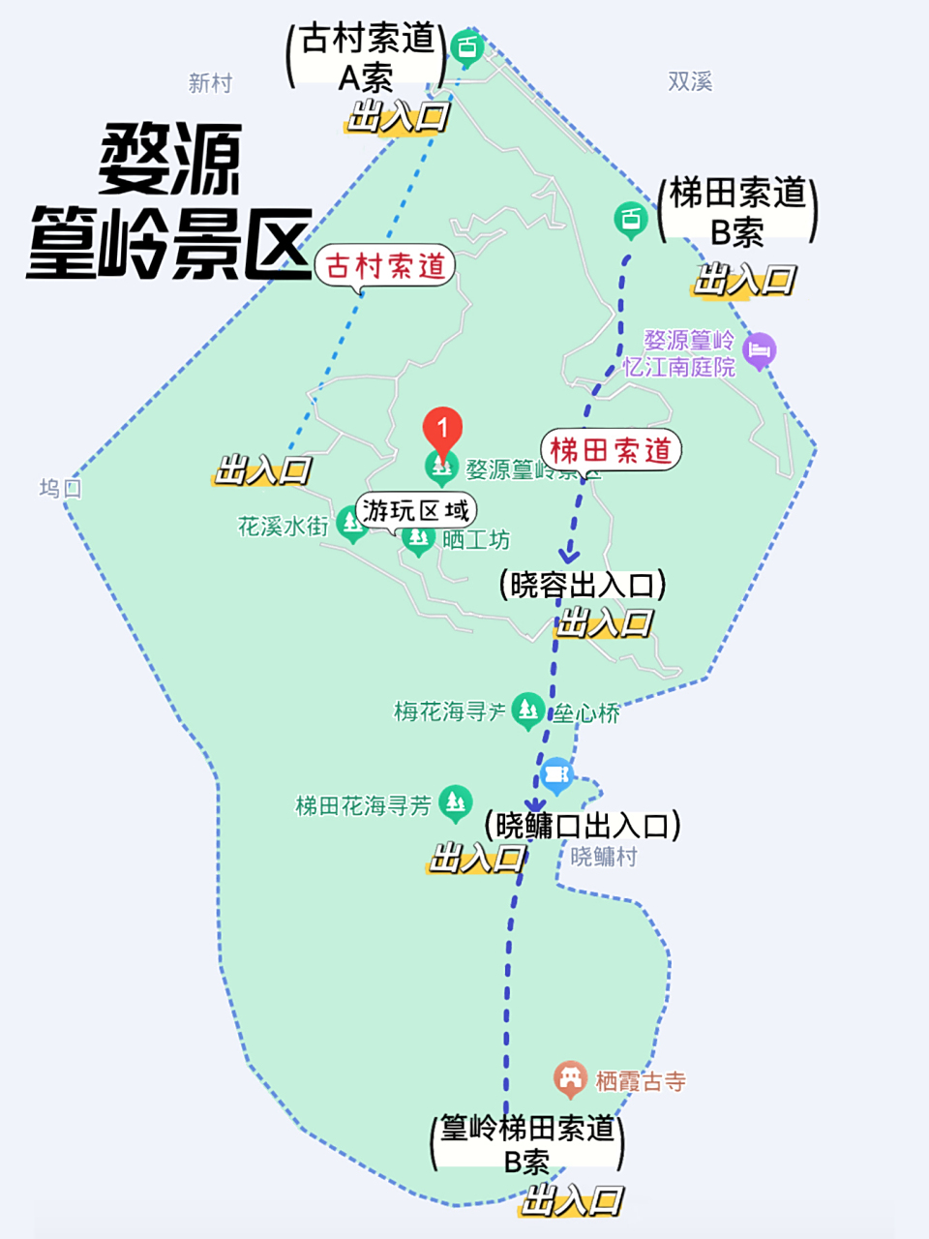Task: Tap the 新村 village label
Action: tap(210, 83)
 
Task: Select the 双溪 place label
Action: tap(690, 82)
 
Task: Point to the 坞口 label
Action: tap(60, 488)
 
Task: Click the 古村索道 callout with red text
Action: tap(385, 265)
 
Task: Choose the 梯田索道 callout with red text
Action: tap(611, 450)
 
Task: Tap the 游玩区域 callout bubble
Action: tap(416, 509)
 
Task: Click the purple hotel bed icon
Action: tap(761, 349)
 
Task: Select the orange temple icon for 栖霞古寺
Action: tap(570, 1078)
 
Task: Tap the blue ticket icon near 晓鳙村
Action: tap(556, 774)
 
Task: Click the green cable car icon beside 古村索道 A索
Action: tap(467, 46)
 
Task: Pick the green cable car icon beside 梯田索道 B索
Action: tap(631, 220)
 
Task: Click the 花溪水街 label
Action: tap(284, 527)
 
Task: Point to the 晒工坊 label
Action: tap(476, 540)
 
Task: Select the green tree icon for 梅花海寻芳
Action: tap(527, 710)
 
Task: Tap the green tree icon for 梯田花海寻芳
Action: tap(455, 801)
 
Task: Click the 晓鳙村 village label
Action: tap(604, 857)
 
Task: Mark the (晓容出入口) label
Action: tap(583, 585)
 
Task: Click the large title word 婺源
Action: tap(170, 160)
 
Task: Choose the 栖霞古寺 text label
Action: tap(641, 1081)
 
